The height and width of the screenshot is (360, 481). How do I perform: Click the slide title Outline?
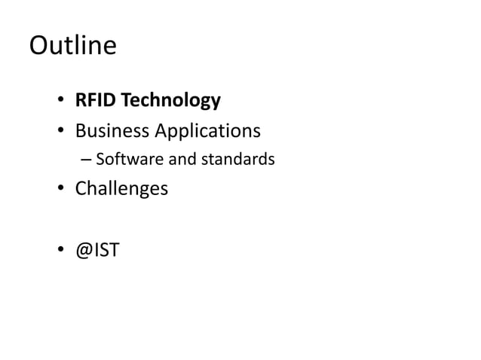(x=72, y=47)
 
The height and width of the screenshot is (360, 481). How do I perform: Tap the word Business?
(x=111, y=131)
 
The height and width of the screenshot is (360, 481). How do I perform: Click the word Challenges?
(x=121, y=188)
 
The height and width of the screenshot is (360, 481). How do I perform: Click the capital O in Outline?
(x=39, y=47)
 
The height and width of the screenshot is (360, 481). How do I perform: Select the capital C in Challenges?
(x=81, y=188)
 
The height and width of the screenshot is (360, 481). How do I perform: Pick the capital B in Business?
(x=80, y=131)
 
